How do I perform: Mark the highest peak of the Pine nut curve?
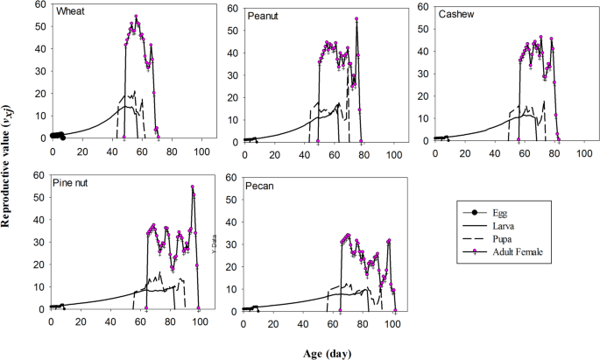pyautogui.click(x=193, y=187)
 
